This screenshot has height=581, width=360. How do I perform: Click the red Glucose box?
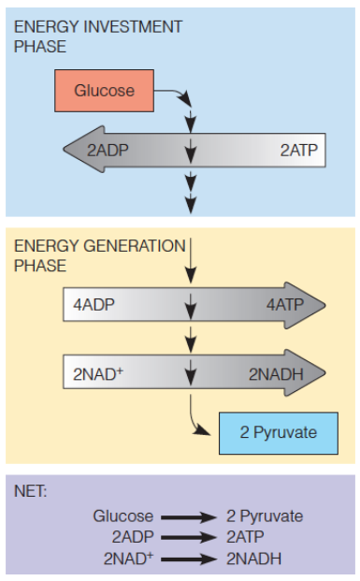105,91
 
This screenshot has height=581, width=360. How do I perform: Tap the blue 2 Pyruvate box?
278,432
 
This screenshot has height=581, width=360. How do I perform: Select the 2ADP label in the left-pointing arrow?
108,150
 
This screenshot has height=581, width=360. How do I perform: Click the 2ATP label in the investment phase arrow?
298,150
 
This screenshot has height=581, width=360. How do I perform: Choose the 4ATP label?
284,304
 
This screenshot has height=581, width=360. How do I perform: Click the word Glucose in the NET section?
122,516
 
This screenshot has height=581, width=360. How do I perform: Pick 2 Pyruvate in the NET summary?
265,516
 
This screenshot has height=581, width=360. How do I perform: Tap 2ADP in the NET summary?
131,537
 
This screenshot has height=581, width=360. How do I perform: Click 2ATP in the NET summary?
246,537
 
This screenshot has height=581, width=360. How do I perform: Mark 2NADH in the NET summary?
252,559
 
